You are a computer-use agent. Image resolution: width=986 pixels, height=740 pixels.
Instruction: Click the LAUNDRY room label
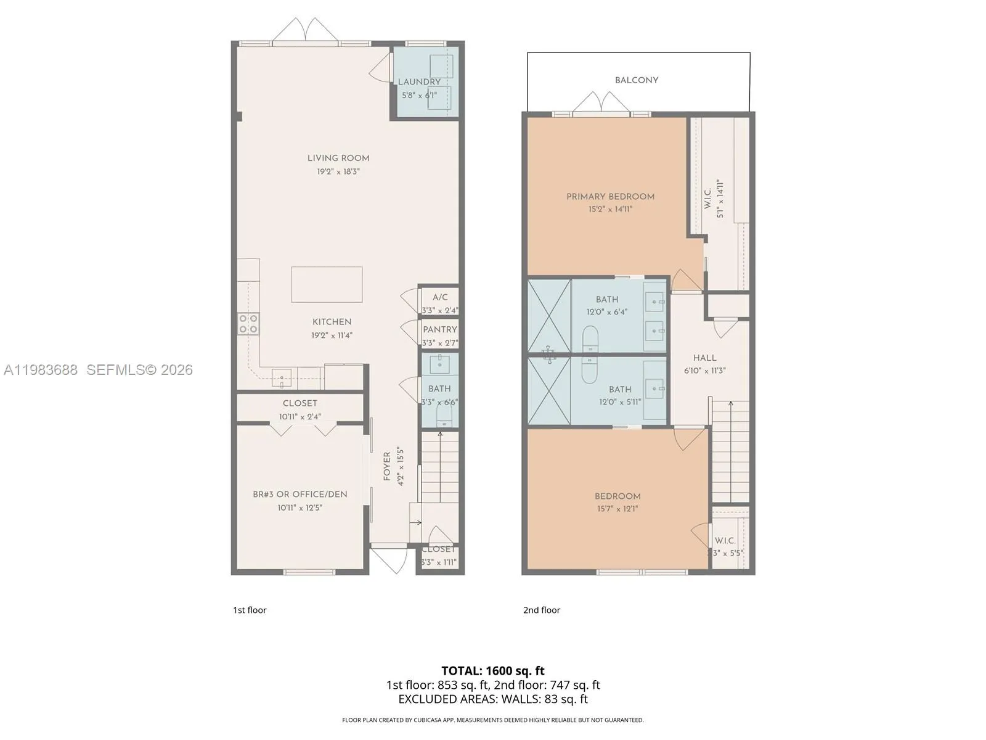click(419, 81)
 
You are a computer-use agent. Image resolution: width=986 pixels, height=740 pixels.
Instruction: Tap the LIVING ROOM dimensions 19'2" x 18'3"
click(338, 171)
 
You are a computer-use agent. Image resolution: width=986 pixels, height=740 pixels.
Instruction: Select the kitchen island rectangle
click(327, 284)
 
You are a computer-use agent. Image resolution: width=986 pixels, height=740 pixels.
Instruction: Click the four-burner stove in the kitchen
click(249, 324)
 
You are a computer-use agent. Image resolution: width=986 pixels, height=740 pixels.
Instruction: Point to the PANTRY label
click(440, 329)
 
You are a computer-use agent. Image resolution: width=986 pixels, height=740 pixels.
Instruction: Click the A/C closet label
click(440, 297)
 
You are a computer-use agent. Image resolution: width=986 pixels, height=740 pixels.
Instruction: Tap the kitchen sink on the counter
click(282, 377)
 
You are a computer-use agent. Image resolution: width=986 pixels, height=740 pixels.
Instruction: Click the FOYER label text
click(387, 466)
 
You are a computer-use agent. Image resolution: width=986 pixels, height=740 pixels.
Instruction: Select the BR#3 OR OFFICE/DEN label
click(300, 494)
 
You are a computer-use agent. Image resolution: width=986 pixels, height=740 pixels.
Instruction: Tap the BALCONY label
click(637, 80)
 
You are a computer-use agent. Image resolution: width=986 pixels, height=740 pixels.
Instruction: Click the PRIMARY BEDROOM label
click(610, 197)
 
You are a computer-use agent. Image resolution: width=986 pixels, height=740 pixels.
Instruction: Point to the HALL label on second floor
click(704, 358)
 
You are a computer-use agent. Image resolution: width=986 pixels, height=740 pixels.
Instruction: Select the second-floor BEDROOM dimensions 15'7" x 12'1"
click(617, 509)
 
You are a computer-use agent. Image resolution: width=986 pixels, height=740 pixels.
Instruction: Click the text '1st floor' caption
click(250, 610)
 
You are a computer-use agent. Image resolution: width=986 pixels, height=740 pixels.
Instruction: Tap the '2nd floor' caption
click(542, 610)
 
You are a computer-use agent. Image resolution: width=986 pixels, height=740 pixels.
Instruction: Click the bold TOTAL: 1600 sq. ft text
click(493, 670)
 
